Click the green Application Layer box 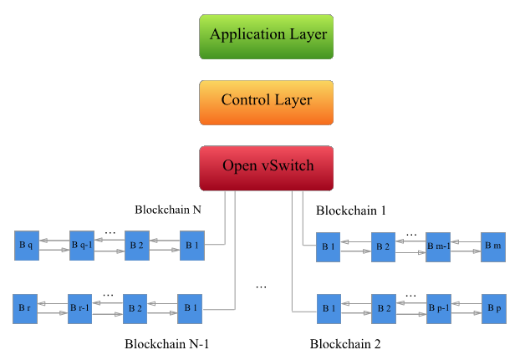[x=268, y=35]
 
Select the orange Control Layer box [x=267, y=101]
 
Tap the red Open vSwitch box [x=268, y=166]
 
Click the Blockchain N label [x=168, y=210]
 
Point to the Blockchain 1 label [x=351, y=210]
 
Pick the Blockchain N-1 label [x=166, y=344]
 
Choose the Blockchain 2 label [x=345, y=344]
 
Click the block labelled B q [x=26, y=245]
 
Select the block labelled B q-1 [x=81, y=245]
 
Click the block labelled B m [x=493, y=246]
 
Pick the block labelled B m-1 [x=437, y=246]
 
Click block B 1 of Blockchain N [x=191, y=245]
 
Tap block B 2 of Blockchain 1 [x=383, y=246]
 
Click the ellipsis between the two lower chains [x=261, y=287]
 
